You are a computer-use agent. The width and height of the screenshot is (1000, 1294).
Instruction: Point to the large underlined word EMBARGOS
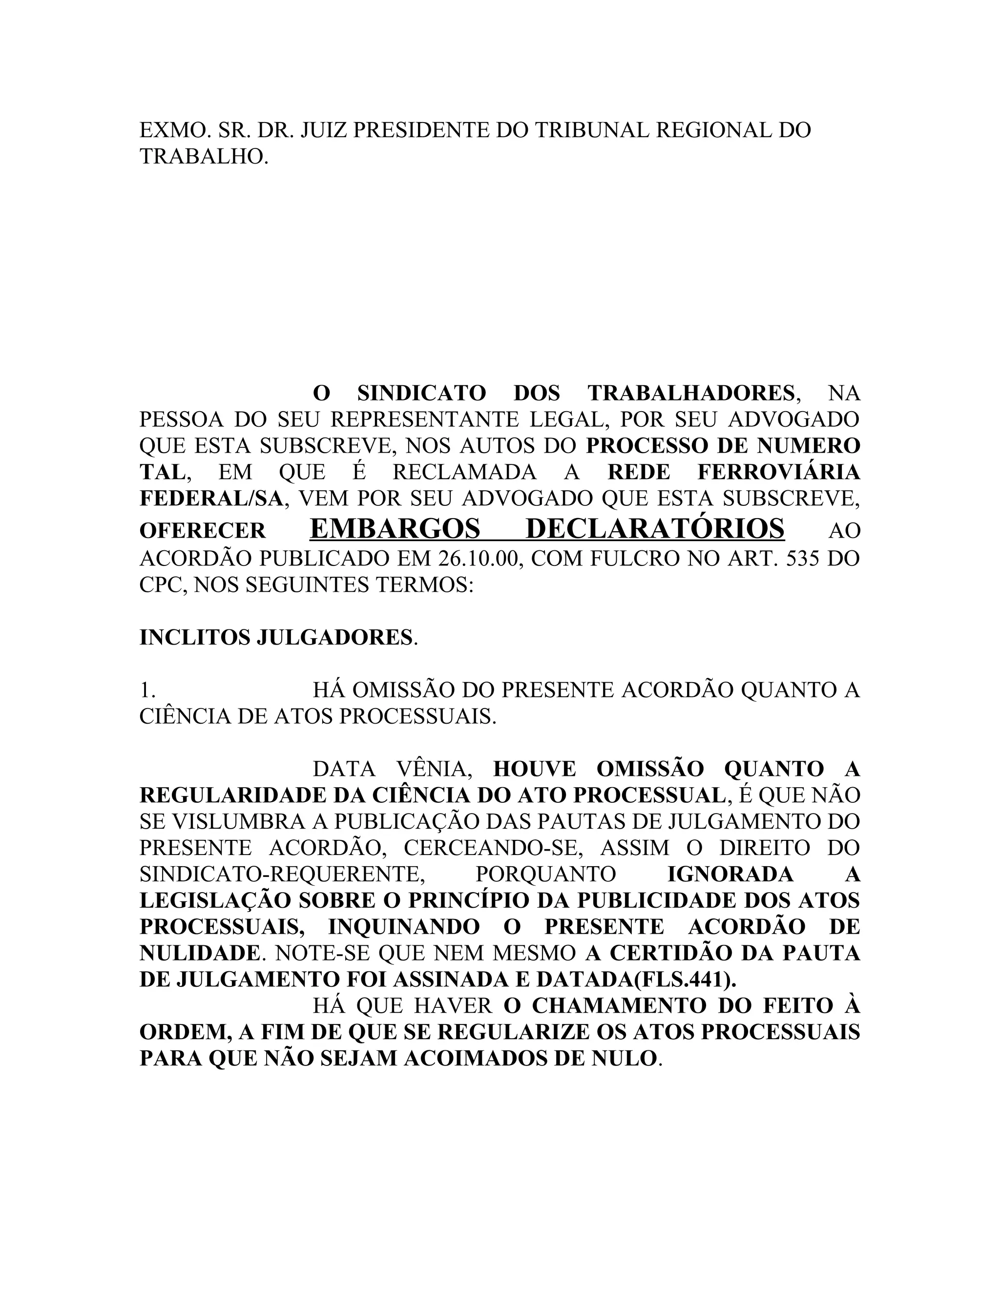pyautogui.click(x=395, y=528)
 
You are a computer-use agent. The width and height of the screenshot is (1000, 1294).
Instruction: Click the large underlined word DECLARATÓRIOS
pyautogui.click(x=655, y=528)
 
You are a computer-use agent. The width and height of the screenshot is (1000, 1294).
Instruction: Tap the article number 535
pyautogui.click(x=805, y=559)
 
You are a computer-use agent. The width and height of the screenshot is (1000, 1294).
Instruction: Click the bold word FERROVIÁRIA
pyautogui.click(x=778, y=472)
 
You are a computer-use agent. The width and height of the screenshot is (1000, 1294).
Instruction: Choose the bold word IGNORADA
pyautogui.click(x=730, y=874)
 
